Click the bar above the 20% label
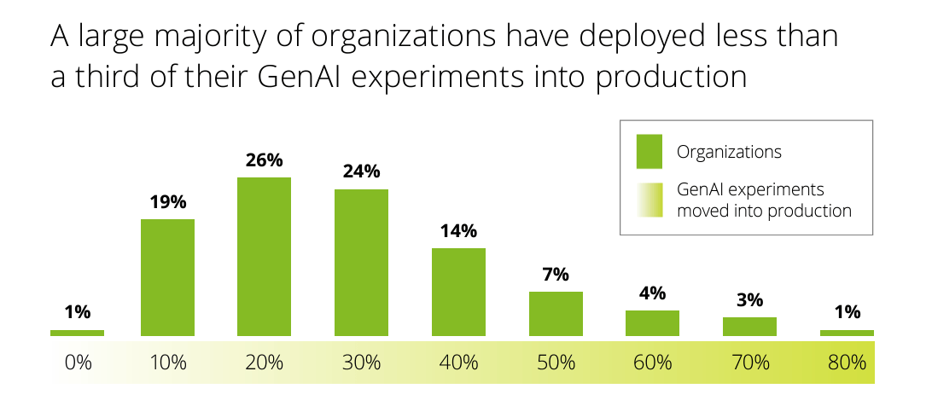tap(264, 256)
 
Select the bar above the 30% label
tap(361, 262)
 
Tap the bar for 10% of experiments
tap(167, 277)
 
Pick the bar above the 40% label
tap(458, 292)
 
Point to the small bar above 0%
tap(77, 333)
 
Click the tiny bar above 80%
tap(847, 333)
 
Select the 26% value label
tap(264, 159)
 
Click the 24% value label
tap(361, 171)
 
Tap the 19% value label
tap(167, 202)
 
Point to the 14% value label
tap(458, 231)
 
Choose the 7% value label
tap(555, 275)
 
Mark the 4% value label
tap(652, 293)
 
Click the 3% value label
tap(749, 300)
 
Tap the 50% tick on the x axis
tap(555, 362)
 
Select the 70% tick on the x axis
tap(749, 362)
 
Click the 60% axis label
tap(652, 362)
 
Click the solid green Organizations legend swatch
tap(649, 152)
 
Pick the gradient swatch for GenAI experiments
tap(649, 199)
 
